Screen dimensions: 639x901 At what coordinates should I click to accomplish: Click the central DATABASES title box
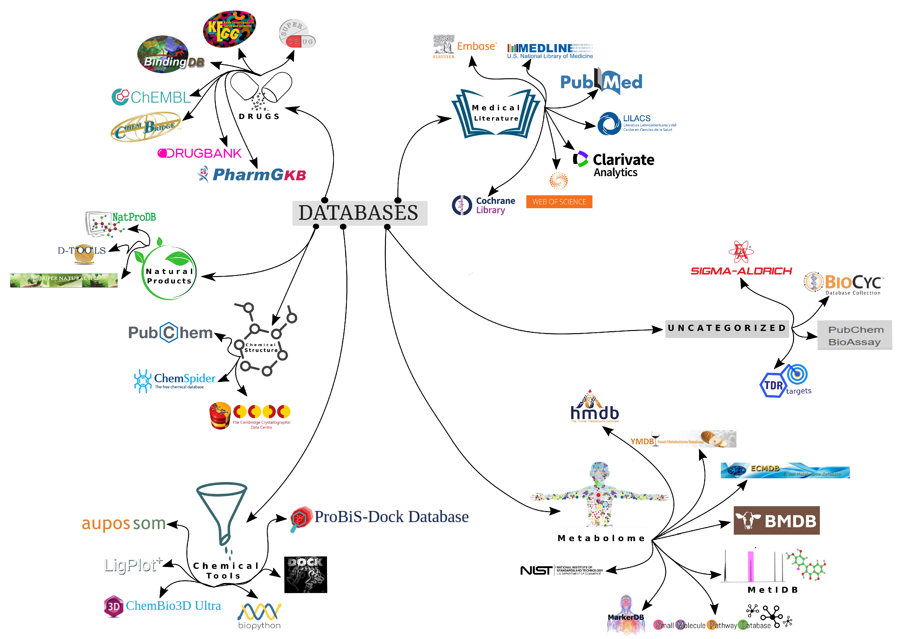tap(359, 213)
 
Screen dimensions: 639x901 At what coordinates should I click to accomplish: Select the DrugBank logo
tap(199, 153)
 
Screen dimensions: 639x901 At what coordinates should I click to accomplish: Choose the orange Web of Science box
tap(559, 202)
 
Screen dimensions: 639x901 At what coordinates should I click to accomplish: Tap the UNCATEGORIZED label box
tap(727, 328)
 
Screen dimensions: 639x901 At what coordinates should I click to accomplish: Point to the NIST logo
tap(561, 570)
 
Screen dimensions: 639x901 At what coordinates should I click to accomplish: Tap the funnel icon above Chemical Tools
tap(223, 511)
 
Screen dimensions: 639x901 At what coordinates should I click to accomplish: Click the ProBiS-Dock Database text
tap(391, 517)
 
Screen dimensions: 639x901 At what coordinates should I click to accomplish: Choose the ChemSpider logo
tap(175, 380)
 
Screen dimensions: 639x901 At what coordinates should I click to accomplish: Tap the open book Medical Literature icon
tap(495, 114)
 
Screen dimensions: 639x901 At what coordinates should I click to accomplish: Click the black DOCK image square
tap(306, 574)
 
